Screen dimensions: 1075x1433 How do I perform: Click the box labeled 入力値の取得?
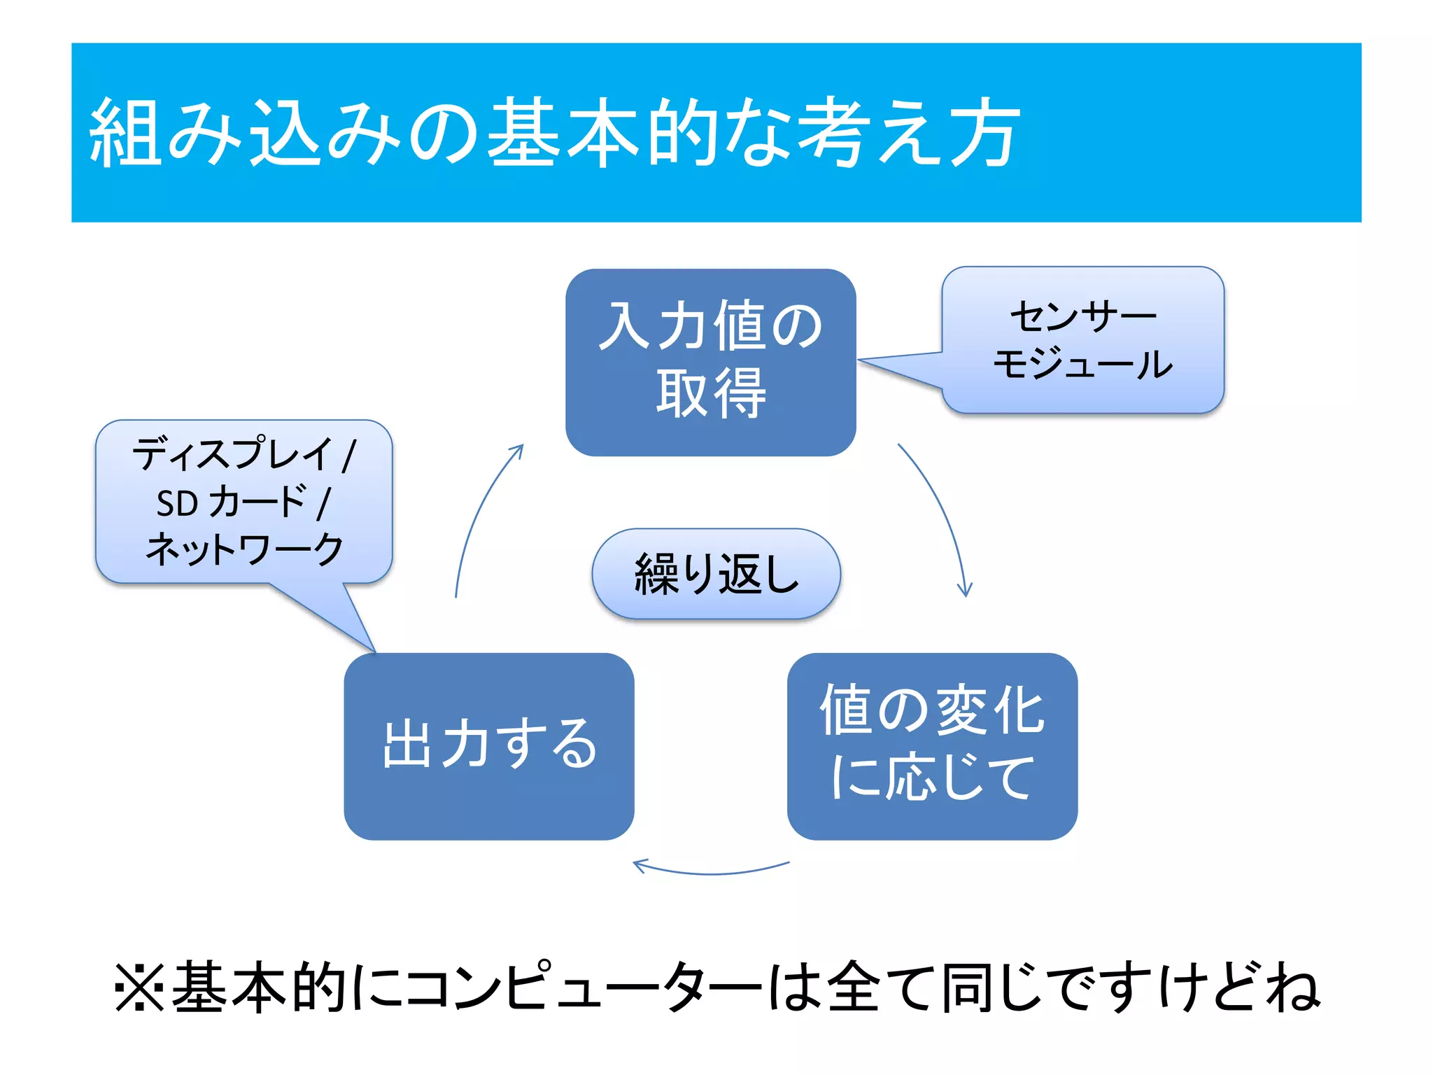(x=710, y=362)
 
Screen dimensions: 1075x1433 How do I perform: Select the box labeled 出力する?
(x=488, y=745)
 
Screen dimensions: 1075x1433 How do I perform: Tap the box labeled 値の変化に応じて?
(x=931, y=745)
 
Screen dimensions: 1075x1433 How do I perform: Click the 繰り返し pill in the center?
(x=716, y=574)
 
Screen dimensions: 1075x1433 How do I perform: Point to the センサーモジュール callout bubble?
(x=1082, y=339)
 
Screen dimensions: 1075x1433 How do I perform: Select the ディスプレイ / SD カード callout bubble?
(x=243, y=501)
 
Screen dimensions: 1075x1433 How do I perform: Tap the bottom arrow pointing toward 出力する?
(x=710, y=872)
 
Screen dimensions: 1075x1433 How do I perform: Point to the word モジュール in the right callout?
(x=1082, y=364)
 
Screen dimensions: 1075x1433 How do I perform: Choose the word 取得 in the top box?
(x=710, y=394)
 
